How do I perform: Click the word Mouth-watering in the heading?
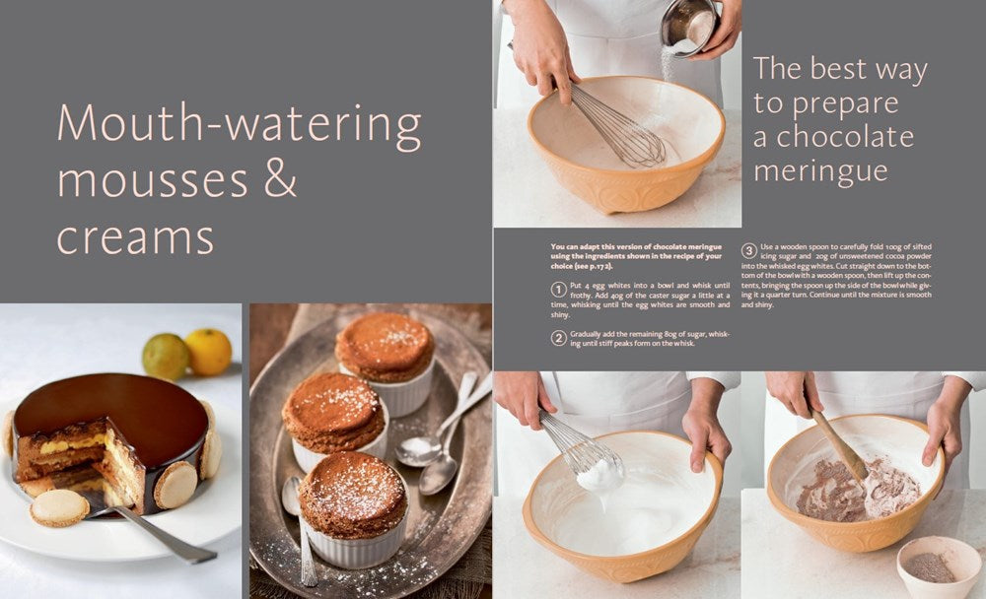click(239, 125)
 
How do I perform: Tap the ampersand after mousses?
click(280, 179)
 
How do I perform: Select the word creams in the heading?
click(135, 238)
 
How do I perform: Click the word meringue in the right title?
click(820, 171)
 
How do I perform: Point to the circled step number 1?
click(558, 289)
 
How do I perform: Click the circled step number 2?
click(558, 338)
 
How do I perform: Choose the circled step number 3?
click(749, 251)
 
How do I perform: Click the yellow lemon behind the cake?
click(209, 352)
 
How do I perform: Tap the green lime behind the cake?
click(165, 357)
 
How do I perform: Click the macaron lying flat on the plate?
click(60, 507)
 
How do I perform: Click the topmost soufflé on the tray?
click(385, 362)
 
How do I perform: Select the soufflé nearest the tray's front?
click(353, 507)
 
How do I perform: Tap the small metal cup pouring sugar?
click(690, 29)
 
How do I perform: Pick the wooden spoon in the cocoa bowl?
click(839, 442)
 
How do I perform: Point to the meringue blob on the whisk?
click(600, 473)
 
